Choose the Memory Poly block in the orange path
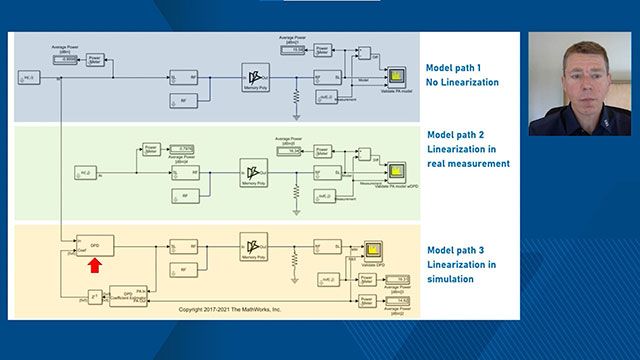(x=257, y=244)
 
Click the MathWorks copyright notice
(x=230, y=310)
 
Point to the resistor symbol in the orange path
(x=296, y=259)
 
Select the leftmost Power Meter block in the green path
(x=151, y=149)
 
